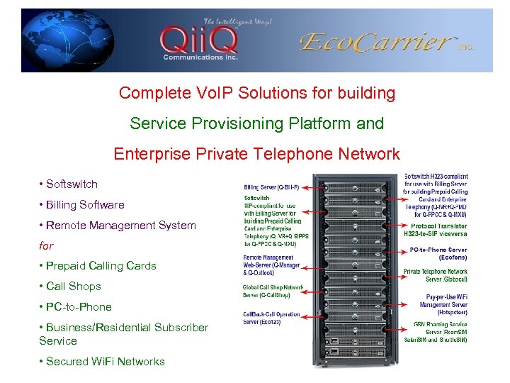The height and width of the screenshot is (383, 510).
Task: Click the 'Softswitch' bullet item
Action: [x=72, y=184]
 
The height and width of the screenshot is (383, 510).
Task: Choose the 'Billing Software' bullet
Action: [x=84, y=205]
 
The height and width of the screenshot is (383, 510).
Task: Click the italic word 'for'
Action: [x=46, y=246]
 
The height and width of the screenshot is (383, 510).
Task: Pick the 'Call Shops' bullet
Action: [x=73, y=287]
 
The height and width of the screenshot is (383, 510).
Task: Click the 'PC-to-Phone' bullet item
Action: [x=79, y=307]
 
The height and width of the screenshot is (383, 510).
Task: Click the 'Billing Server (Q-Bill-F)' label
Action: [x=271, y=187]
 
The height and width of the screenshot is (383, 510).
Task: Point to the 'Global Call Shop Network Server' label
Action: [x=272, y=291]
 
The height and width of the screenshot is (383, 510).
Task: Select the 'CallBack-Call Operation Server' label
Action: [x=271, y=318]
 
